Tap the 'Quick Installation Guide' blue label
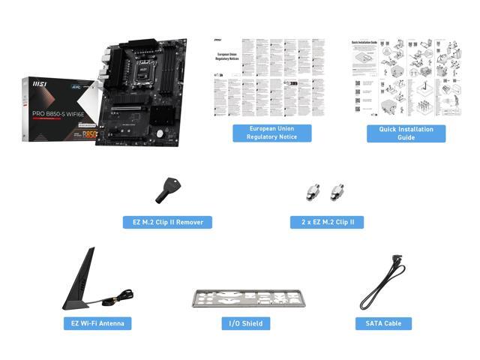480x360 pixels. point(406,133)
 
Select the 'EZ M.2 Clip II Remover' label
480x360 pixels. point(167,222)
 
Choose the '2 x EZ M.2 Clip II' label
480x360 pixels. point(327,222)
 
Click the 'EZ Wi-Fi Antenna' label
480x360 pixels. point(97,323)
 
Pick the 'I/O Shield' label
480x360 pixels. point(245,323)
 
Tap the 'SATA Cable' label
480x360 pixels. point(383,323)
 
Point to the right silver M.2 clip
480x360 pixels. point(336,193)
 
